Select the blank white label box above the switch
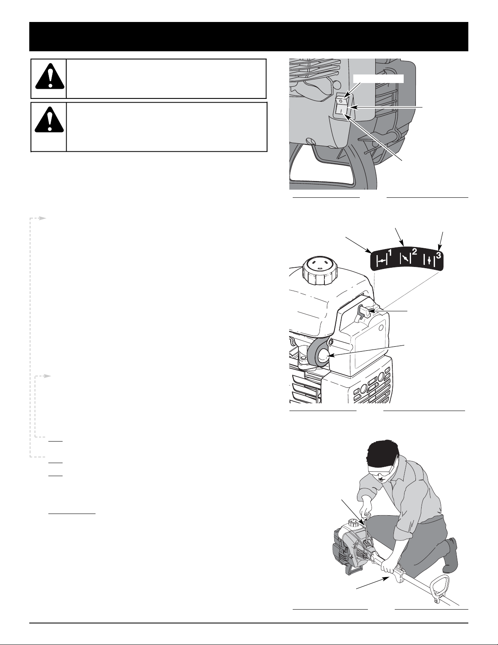point(378,79)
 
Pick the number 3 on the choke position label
point(438,254)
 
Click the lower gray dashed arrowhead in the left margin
point(48,376)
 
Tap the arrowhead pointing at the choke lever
point(369,311)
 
